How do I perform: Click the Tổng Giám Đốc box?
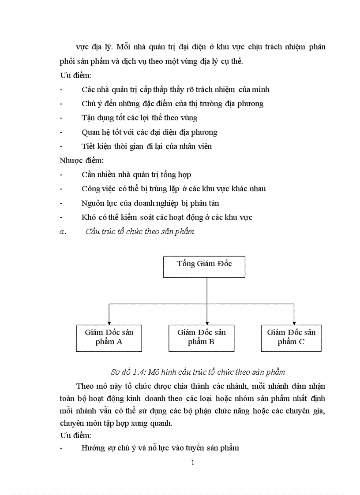(x=204, y=267)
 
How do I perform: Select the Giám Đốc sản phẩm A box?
(x=109, y=338)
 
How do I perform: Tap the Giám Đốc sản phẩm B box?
(x=201, y=338)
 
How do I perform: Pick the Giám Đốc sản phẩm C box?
(x=291, y=338)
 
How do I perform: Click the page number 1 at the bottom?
(x=192, y=462)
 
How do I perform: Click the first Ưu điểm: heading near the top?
(x=75, y=75)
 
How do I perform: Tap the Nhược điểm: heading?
(x=81, y=160)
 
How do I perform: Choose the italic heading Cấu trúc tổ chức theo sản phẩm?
(x=139, y=231)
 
